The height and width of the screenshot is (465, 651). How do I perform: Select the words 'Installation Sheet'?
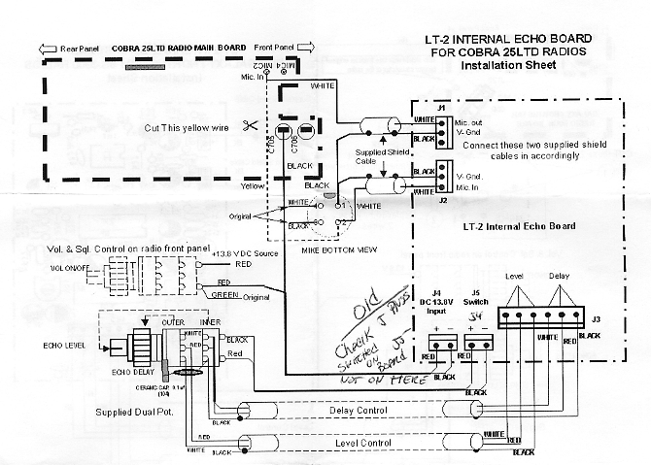[509, 67]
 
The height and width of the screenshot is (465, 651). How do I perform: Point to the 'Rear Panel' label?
[84, 46]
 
